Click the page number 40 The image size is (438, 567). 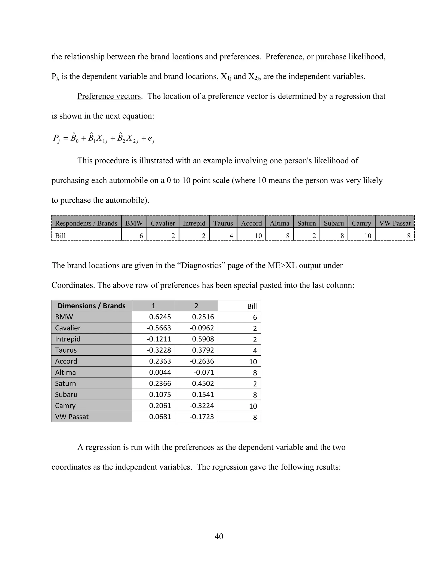click(219, 536)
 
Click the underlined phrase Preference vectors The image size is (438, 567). click(109, 96)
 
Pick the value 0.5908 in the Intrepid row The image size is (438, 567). click(203, 339)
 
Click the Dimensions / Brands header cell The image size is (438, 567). click(91, 306)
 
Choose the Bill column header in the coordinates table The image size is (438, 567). click(252, 306)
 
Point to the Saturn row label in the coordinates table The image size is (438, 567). click(65, 383)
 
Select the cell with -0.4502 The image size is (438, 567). click(202, 383)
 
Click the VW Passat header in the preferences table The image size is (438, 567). click(395, 223)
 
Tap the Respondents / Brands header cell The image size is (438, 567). click(86, 223)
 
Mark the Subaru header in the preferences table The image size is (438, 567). click(334, 223)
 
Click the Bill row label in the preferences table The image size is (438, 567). click(61, 236)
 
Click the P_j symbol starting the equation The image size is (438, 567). click(56, 139)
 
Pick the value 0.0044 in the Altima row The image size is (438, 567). click(160, 372)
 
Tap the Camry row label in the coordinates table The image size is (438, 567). click(65, 405)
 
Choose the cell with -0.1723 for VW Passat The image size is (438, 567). click(202, 417)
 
